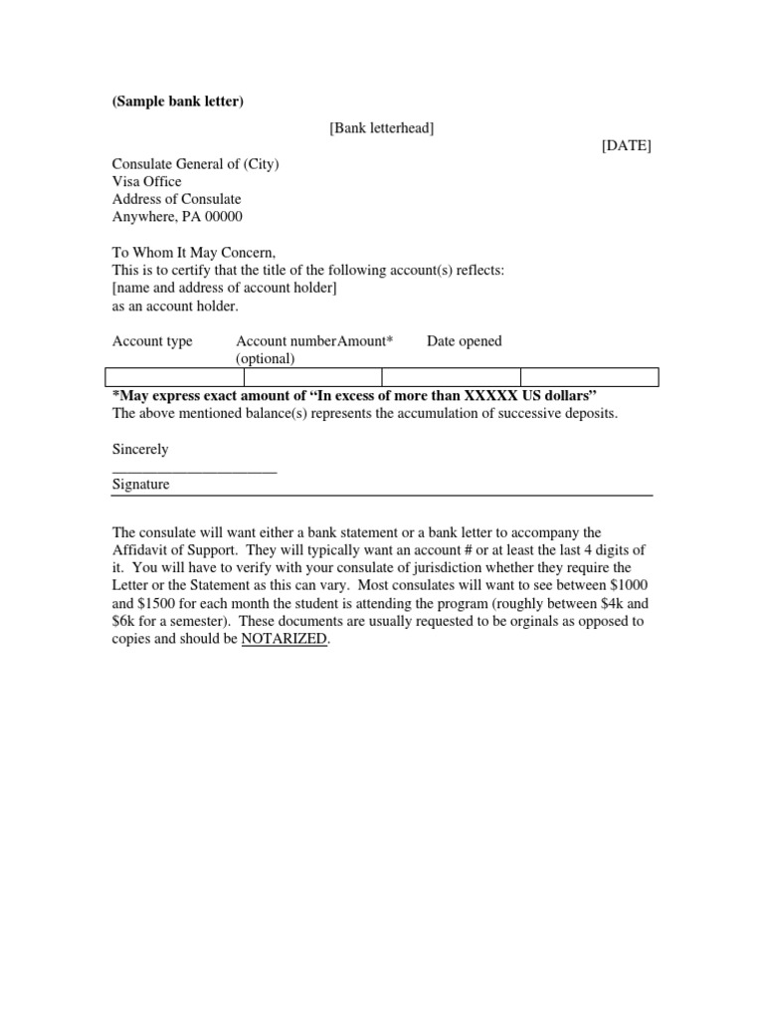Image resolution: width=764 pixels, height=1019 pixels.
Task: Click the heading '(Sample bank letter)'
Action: point(177,102)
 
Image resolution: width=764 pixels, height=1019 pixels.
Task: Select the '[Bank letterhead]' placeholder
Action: point(382,127)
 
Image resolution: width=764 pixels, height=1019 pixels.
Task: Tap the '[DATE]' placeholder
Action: point(627,145)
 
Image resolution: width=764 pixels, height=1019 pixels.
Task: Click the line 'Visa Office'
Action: point(147,181)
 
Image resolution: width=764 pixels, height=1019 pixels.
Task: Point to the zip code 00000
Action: point(224,217)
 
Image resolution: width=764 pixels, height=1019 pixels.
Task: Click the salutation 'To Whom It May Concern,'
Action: point(194,253)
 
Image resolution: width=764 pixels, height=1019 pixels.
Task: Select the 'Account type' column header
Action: point(152,341)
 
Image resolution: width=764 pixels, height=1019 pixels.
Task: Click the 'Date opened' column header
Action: point(465,341)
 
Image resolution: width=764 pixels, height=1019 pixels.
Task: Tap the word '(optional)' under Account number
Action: point(266,358)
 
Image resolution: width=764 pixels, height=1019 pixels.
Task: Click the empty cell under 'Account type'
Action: point(174,376)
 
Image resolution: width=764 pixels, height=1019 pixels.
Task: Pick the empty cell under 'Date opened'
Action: point(589,376)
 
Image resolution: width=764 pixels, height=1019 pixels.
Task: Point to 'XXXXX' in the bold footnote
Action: point(490,395)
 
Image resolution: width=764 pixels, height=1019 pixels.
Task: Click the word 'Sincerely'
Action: point(140,449)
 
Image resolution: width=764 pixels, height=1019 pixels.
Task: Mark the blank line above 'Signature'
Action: point(194,470)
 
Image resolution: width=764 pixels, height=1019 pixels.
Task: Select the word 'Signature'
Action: point(141,485)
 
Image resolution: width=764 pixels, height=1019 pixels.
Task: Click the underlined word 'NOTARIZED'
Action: point(284,639)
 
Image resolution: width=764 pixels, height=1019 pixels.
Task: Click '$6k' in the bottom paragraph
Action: point(123,621)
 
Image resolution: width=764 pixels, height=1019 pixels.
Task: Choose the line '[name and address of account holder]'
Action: point(225,289)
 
